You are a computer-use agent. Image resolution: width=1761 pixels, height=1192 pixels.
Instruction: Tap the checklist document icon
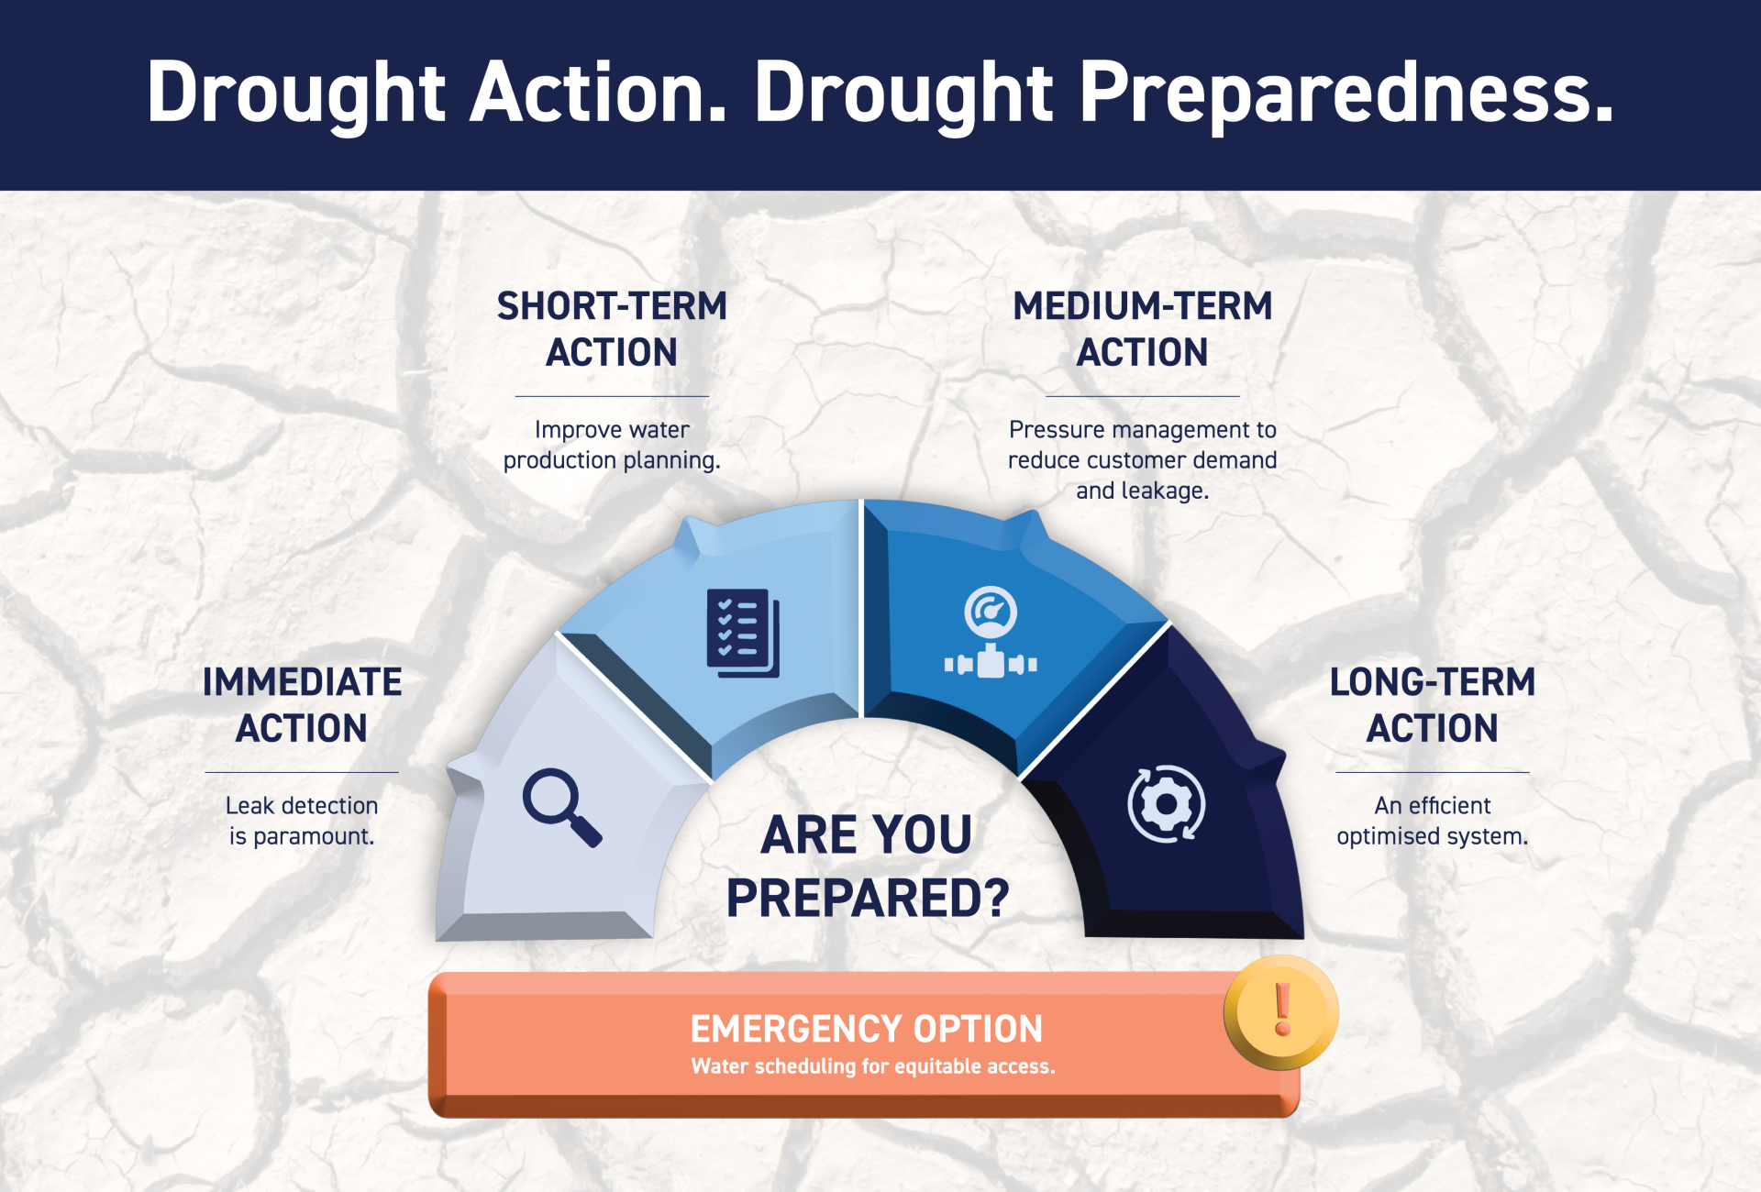point(742,633)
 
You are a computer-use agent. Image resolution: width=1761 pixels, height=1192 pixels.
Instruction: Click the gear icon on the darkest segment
point(1166,804)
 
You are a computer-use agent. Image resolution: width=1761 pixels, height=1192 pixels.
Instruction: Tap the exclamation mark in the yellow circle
point(1282,1010)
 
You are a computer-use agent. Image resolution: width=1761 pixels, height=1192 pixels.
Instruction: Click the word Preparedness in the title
point(1346,94)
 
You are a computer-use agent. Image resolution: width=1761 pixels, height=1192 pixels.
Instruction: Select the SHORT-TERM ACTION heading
point(612,329)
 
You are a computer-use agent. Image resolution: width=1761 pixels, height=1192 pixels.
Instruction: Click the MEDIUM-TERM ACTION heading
point(1142,329)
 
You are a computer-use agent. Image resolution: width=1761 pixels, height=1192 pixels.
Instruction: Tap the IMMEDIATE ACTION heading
point(302,705)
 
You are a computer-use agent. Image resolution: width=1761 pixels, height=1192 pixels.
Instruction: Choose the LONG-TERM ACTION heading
point(1432,705)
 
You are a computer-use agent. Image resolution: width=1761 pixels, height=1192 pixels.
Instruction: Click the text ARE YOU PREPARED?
point(868,866)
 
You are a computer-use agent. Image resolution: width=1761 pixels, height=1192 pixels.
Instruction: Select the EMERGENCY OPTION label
point(866,1029)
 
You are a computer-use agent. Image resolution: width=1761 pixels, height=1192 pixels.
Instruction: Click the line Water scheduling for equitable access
point(872,1066)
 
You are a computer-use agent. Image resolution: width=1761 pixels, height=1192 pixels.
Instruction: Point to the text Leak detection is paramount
point(302,821)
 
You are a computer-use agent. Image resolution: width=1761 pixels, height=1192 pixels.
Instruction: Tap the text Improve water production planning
point(612,445)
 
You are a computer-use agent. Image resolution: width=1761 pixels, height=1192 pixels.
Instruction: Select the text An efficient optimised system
point(1432,821)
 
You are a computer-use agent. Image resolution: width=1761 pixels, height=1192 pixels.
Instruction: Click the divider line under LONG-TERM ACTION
point(1432,773)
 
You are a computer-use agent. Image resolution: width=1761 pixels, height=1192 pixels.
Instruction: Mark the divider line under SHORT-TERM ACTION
point(612,397)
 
